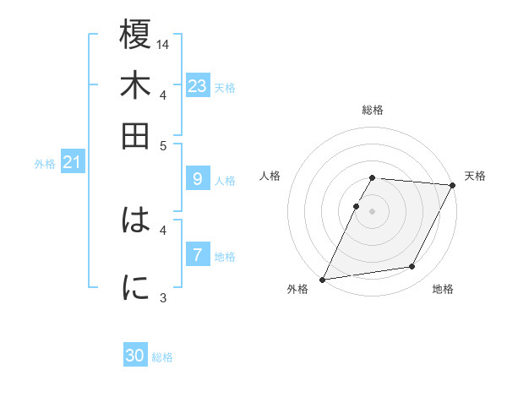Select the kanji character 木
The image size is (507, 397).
(136, 86)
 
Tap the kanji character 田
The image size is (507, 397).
(136, 134)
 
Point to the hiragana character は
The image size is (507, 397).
(136, 221)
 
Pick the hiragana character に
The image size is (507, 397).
(136, 287)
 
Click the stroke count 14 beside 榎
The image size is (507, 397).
(164, 44)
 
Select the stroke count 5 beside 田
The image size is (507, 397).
(164, 144)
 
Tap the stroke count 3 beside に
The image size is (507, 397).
(164, 297)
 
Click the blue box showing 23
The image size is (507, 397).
(197, 85)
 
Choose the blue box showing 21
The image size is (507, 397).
(71, 162)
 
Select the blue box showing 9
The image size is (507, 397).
(197, 179)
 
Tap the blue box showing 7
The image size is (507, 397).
(197, 254)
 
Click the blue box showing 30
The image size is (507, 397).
(135, 356)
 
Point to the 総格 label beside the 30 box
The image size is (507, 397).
(163, 357)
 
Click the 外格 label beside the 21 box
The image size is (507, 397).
(44, 164)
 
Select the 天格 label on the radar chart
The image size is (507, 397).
(475, 176)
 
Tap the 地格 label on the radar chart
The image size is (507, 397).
(443, 289)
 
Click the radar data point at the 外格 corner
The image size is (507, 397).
(322, 280)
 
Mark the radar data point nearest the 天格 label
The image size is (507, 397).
(453, 186)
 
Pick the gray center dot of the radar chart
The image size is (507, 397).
(372, 211)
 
